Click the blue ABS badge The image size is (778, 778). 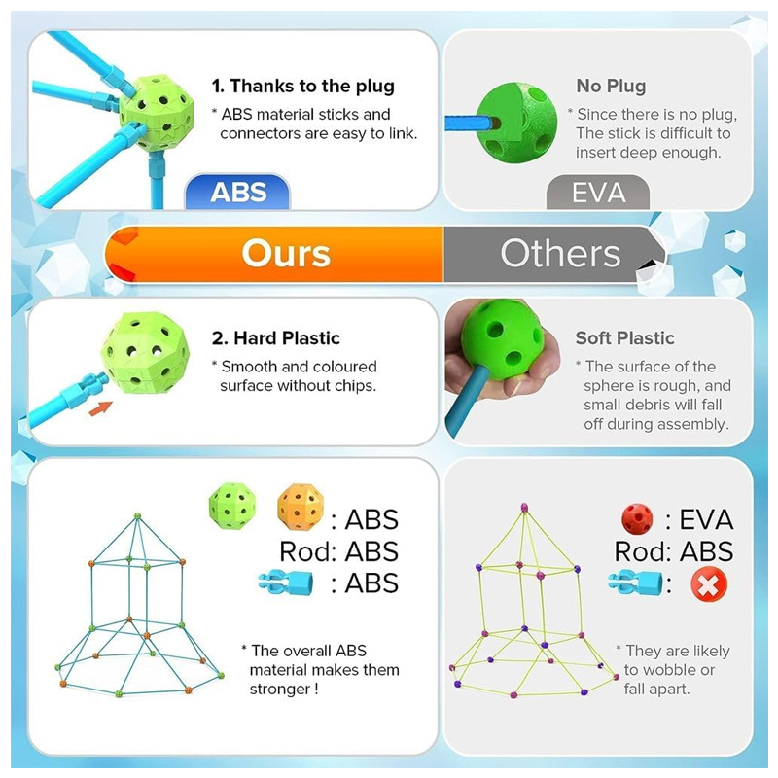pos(237,192)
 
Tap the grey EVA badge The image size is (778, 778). pos(598,192)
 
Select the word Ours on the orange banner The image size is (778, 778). pos(286,254)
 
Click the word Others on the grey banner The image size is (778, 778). pos(560,254)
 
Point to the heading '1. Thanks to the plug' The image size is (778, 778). pos(303,86)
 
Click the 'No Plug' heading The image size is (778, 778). pos(611,86)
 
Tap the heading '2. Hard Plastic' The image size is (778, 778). pos(276,338)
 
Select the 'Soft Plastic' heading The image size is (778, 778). pos(624,338)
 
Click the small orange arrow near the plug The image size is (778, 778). pos(101,408)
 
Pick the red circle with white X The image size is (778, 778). pos(709,584)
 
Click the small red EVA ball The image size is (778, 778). pos(637,519)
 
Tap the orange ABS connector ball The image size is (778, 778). pos(301,507)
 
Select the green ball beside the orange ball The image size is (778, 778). pos(232,506)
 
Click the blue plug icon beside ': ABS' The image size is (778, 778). pos(286,583)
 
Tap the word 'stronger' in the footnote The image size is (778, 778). pos(279,690)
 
